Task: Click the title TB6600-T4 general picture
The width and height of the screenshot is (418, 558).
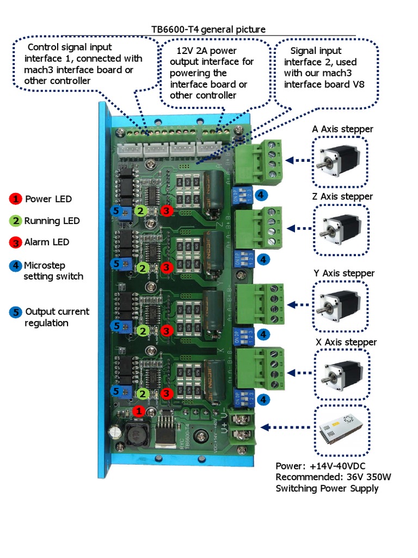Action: (208, 29)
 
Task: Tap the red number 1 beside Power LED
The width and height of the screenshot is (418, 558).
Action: (16, 199)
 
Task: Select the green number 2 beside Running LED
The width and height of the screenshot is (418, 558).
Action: (16, 221)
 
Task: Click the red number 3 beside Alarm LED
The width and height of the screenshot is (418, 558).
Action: (16, 242)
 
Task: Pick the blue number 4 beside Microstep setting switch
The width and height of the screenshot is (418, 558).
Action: (16, 266)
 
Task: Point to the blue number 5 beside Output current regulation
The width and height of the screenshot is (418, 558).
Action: (16, 312)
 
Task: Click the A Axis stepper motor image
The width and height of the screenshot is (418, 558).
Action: (340, 161)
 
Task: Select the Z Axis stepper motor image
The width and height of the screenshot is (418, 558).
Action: (341, 228)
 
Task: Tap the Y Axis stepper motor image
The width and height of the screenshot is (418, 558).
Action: (341, 306)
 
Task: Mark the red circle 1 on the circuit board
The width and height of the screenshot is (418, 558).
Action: (139, 411)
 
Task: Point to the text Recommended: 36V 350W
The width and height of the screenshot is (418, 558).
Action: (333, 477)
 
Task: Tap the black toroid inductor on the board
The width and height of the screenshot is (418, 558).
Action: (134, 434)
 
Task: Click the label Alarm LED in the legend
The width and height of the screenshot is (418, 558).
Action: (47, 242)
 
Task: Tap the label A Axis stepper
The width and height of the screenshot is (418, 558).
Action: (342, 129)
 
